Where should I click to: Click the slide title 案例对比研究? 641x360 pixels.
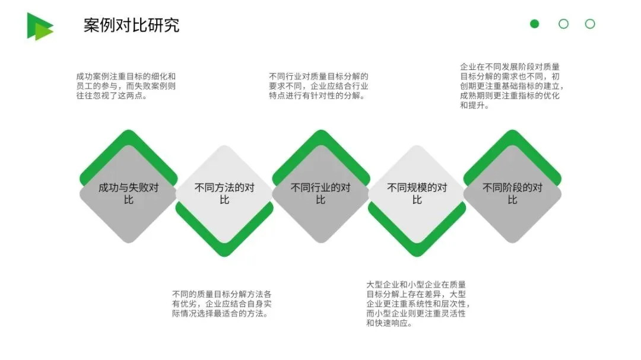pos(131,26)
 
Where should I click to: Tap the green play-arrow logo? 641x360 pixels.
pos(39,26)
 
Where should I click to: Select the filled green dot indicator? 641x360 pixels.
pos(535,24)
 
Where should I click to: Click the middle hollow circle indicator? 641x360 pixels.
pos(563,24)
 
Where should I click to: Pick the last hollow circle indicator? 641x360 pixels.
pos(590,24)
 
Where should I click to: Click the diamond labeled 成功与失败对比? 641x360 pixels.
pos(128,194)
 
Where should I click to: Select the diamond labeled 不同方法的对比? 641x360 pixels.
pos(224,194)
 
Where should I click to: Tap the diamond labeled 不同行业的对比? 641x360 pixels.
pos(320,194)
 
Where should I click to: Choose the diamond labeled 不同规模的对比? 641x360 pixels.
pos(417,194)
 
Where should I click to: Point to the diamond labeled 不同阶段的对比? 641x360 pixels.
pos(513,194)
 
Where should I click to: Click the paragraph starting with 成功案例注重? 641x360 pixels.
pos(126,86)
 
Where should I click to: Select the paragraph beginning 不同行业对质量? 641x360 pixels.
pos(318,86)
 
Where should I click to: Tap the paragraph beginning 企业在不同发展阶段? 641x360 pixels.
pos(510,86)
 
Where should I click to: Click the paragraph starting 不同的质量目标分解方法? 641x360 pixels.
pos(222,304)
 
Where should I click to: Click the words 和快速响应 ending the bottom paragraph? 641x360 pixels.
pos(389,323)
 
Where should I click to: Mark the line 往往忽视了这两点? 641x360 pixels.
pos(112,95)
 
